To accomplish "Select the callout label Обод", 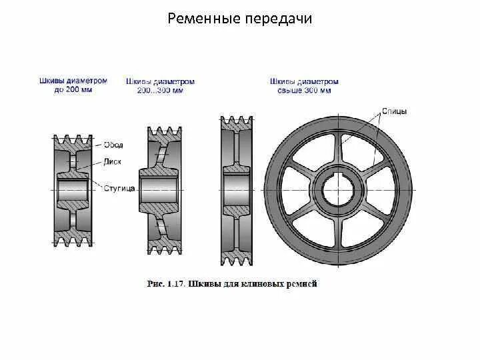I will point(113,145).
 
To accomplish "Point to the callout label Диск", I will point(112,161).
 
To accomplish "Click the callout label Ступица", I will point(119,189).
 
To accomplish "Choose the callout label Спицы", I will point(395,111).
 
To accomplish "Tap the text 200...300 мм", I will point(160,90).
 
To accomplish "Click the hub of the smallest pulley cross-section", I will point(73,190).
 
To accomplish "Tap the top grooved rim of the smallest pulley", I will point(73,140).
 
